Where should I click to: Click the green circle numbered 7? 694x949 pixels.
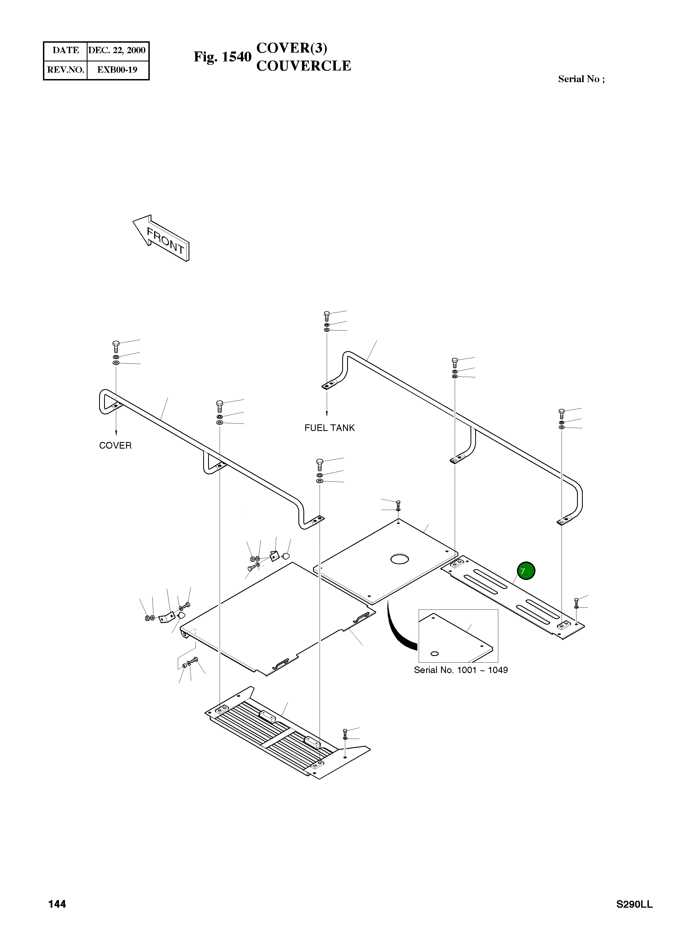point(526,571)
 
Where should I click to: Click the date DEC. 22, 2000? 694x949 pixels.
point(117,50)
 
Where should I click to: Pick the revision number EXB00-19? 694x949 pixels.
point(117,70)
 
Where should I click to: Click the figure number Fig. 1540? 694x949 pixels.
point(222,57)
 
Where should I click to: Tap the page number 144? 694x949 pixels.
point(57,904)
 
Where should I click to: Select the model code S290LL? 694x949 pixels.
point(634,904)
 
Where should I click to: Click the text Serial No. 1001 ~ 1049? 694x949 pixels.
point(461,670)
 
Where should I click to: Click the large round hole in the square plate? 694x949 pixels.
point(398,559)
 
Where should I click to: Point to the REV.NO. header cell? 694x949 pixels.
point(66,70)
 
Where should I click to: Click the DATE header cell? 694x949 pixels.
point(66,50)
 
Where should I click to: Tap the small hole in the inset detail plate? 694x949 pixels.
point(435,653)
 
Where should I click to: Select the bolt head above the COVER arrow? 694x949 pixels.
point(116,343)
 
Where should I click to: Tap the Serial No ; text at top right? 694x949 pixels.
point(581,79)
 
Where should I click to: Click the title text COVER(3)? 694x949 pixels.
point(292,48)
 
